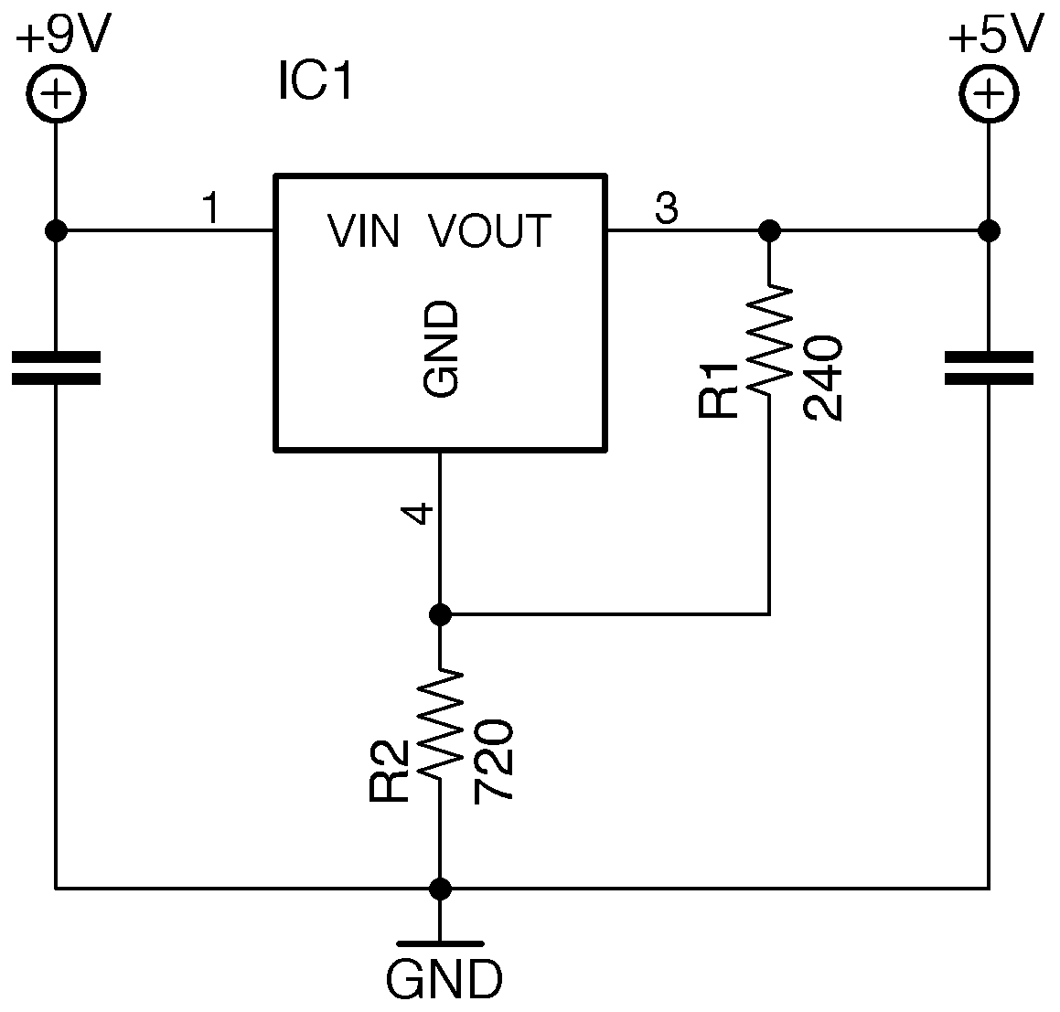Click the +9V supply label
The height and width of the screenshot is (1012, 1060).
coord(63,38)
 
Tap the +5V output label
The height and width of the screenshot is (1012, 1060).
coord(996,38)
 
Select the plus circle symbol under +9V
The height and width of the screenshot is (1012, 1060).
coord(56,93)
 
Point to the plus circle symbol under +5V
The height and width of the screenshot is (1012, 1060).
coord(989,93)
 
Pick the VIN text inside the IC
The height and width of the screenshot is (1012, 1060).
coord(364,231)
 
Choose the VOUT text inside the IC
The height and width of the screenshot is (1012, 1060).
coord(490,231)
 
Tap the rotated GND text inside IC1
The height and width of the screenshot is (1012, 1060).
coord(442,349)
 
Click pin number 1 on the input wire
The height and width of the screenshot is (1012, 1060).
coord(210,209)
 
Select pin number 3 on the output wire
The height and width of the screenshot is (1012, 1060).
coord(666,209)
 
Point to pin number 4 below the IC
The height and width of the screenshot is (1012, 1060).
coord(418,515)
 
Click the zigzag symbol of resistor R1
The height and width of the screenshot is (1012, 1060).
coord(770,340)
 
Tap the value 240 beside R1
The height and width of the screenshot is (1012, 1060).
coord(823,378)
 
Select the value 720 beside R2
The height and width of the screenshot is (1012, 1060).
coord(494,761)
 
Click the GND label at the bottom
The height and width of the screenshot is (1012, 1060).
coord(444,981)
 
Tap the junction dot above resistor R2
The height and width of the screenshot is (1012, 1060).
coord(440,613)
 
